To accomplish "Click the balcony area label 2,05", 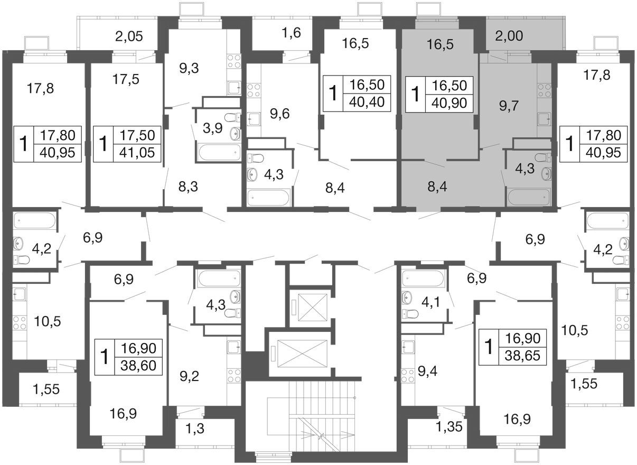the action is pyautogui.click(x=129, y=36).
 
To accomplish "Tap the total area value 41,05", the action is pyautogui.click(x=137, y=153).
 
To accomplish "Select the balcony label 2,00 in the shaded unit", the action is pyautogui.click(x=509, y=36).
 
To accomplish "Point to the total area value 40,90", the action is pyautogui.click(x=449, y=103).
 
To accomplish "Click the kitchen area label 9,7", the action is pyautogui.click(x=509, y=106).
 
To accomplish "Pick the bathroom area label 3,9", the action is pyautogui.click(x=213, y=128).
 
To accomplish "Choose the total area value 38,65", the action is pyautogui.click(x=522, y=356).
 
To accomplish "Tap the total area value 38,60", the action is pyautogui.click(x=138, y=366).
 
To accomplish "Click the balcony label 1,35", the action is pyautogui.click(x=449, y=427).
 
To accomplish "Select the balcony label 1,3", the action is pyautogui.click(x=194, y=429).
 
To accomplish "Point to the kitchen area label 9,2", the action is pyautogui.click(x=190, y=377).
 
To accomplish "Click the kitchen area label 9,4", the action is pyautogui.click(x=427, y=371).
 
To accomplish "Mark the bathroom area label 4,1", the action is pyautogui.click(x=430, y=302).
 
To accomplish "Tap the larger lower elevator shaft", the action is pyautogui.click(x=302, y=354).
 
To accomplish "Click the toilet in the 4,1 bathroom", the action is pyautogui.click(x=410, y=314).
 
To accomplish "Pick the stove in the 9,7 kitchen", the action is pyautogui.click(x=544, y=90).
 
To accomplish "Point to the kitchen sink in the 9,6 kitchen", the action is pyautogui.click(x=254, y=119).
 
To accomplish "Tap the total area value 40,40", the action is pyautogui.click(x=367, y=102).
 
